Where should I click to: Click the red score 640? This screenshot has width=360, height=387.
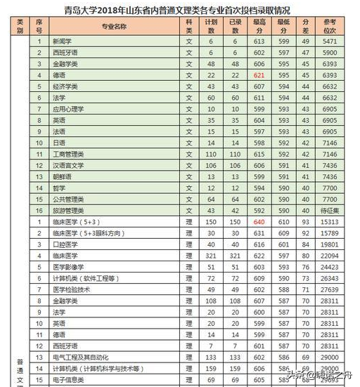point(259,221)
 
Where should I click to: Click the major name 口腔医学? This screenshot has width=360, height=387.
point(65,244)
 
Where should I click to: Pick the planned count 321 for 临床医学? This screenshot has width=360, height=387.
point(210,255)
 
